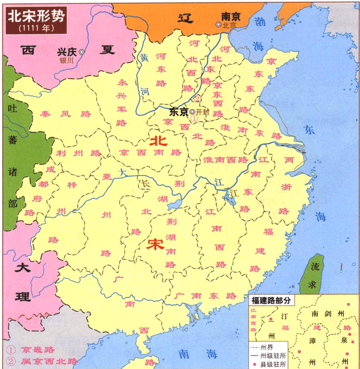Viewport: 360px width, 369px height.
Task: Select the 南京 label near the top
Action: (231, 17)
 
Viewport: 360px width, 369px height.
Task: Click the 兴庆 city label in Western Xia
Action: (66, 51)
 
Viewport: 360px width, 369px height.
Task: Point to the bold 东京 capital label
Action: (178, 111)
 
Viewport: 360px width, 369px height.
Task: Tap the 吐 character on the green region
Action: (11, 107)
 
